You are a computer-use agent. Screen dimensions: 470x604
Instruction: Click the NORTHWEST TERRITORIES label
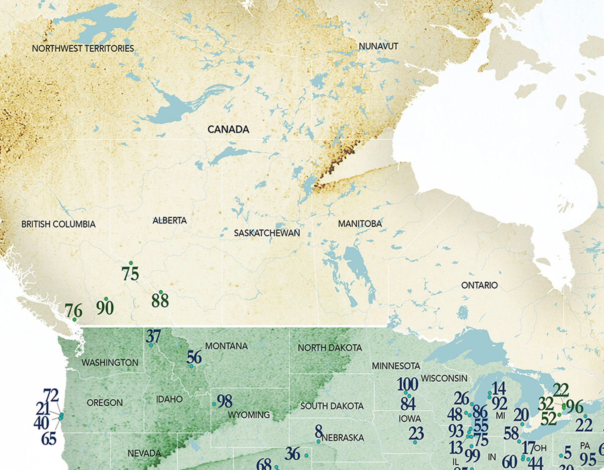[83, 49]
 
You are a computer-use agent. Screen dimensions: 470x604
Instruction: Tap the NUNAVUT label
[378, 46]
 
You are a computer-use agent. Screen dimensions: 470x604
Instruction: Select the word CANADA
[228, 129]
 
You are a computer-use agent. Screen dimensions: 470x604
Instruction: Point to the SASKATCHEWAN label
[267, 233]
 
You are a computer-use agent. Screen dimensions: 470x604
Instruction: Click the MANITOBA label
[360, 224]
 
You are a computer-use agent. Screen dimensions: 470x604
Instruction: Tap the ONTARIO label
[479, 285]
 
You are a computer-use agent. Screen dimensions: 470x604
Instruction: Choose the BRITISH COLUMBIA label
[58, 224]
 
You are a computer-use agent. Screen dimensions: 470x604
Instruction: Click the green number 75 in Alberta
[130, 274]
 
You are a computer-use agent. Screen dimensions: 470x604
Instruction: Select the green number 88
[160, 301]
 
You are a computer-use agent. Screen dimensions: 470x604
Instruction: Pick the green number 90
[105, 308]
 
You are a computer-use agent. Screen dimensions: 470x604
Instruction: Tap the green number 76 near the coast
[73, 311]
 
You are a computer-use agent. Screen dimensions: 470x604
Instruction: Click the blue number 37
[153, 336]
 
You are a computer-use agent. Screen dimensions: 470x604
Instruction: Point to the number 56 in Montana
[194, 358]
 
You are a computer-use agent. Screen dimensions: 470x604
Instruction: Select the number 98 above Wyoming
[224, 401]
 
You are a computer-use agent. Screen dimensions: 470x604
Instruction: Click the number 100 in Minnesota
[407, 384]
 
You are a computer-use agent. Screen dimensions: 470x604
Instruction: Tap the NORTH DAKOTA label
[330, 348]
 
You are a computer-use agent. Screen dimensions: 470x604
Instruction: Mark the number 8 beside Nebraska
[318, 432]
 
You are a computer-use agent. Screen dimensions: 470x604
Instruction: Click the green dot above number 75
[131, 263]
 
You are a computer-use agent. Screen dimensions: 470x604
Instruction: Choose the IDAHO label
[169, 399]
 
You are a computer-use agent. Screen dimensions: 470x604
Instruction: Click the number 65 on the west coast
[49, 439]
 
